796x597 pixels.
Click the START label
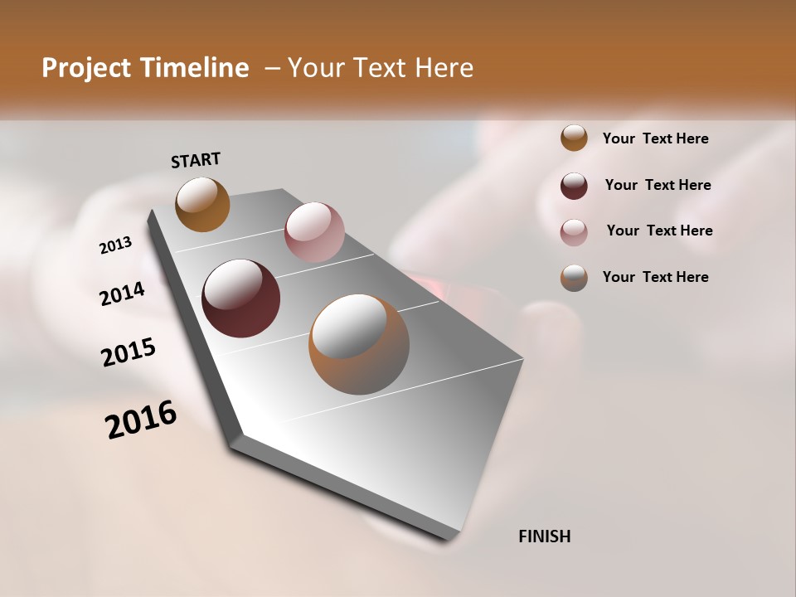196,160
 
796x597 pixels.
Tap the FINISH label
544,536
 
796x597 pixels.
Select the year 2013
115,245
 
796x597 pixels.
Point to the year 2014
122,294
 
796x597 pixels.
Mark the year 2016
141,420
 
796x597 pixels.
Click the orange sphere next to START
202,204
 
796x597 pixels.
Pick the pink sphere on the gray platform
314,232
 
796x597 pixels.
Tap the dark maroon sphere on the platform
240,298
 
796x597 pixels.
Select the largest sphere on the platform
359,344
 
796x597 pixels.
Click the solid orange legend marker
574,138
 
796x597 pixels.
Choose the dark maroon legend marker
574,186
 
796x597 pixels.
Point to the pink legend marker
574,232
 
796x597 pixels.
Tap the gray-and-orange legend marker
574,278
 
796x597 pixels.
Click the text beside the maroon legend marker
658,185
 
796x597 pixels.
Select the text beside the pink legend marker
659,231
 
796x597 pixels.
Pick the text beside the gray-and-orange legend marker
655,277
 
